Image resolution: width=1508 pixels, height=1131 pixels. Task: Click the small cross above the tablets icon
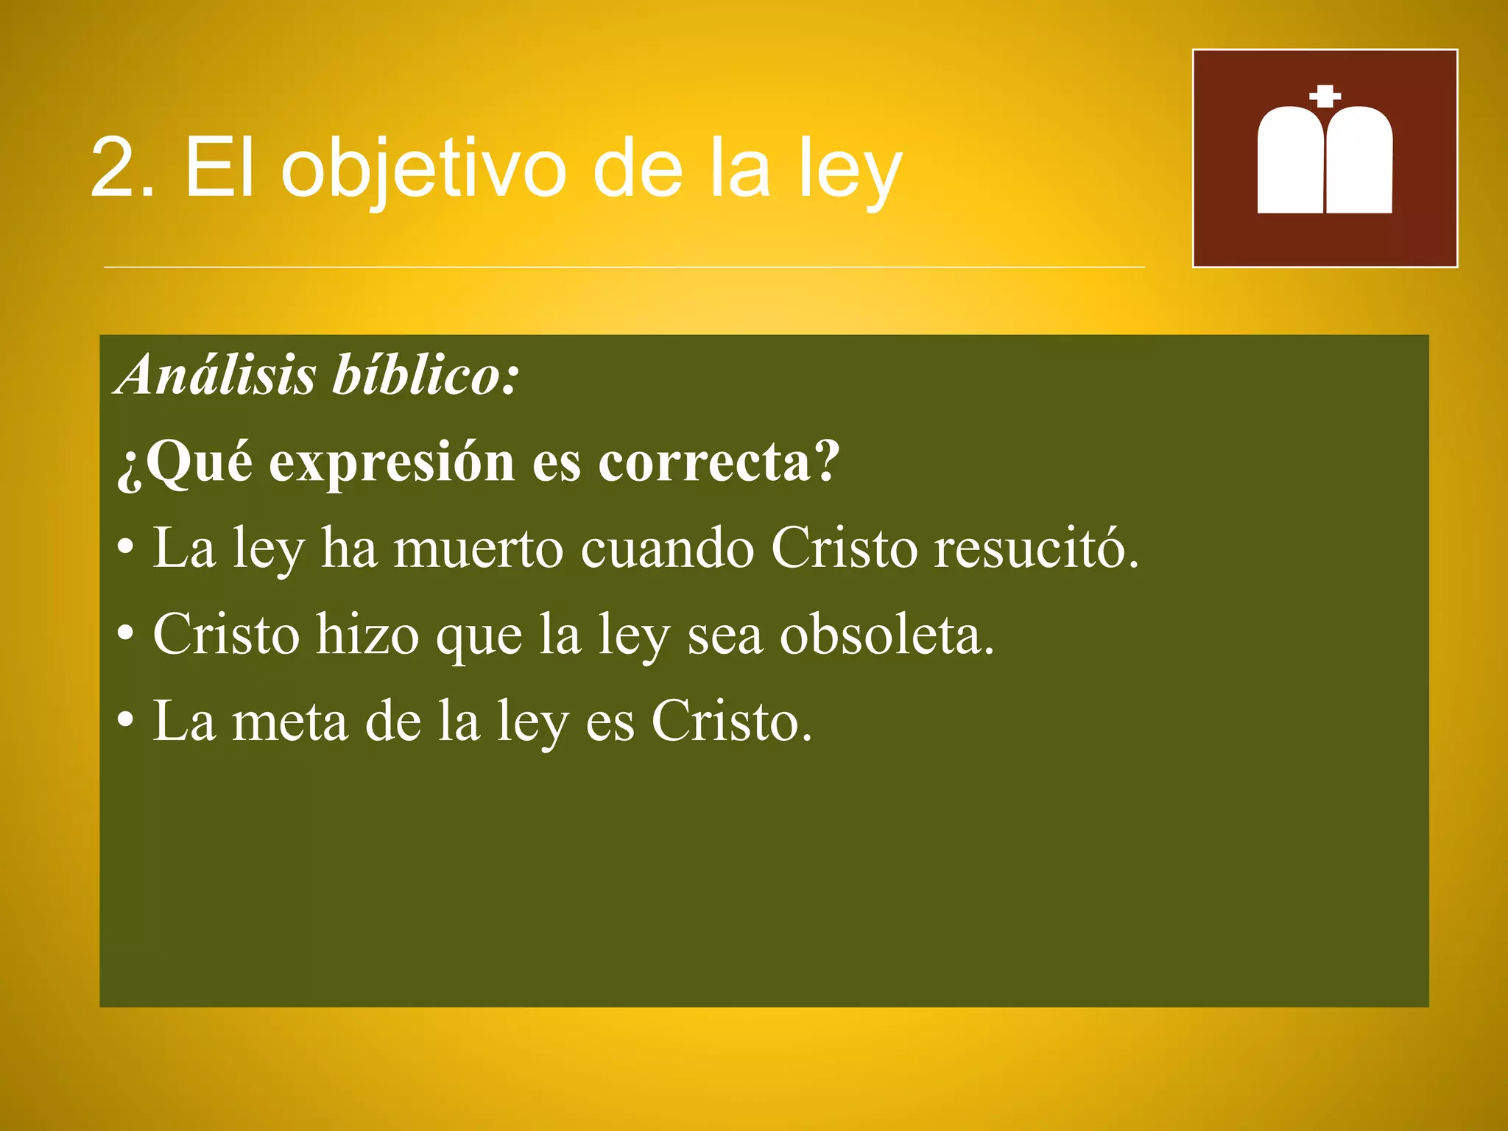[1325, 96]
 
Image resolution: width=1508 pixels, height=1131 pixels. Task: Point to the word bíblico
[426, 374]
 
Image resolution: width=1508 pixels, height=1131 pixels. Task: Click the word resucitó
[1036, 549]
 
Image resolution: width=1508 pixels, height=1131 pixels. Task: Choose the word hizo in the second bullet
[367, 635]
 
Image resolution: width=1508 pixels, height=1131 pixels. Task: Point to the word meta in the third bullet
[289, 722]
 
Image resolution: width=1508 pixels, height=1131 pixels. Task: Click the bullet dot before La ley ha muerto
[126, 549]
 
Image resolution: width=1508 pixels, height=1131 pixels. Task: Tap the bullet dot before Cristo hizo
[126, 634]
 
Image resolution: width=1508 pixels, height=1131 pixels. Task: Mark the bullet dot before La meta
[126, 721]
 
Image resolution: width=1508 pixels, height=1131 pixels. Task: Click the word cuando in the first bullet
[667, 549]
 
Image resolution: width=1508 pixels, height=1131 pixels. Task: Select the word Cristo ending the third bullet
[731, 722]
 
